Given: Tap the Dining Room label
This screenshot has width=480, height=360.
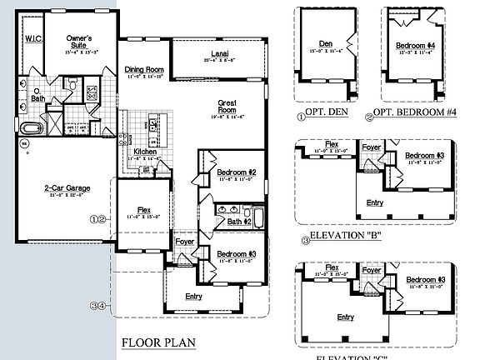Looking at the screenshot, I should (x=144, y=70).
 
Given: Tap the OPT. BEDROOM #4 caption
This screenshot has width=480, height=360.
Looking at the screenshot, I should (x=409, y=112).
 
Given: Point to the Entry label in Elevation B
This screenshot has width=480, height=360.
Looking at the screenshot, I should (x=375, y=202).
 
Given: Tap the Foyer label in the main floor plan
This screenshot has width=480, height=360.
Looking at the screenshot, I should (x=184, y=243).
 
